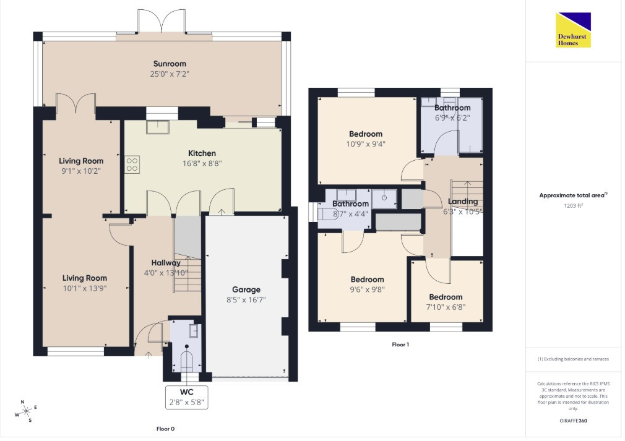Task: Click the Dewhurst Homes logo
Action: [x=573, y=30]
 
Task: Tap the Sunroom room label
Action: [x=170, y=64]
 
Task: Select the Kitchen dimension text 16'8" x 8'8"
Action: [x=202, y=163]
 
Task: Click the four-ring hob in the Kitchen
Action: [x=132, y=164]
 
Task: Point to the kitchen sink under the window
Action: [x=158, y=127]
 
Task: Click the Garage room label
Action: [x=246, y=289]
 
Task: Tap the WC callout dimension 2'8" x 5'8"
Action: [x=186, y=403]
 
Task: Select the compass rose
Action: [x=26, y=411]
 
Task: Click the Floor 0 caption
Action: [x=165, y=429]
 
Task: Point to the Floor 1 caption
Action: [x=400, y=345]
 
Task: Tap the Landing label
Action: [x=463, y=202]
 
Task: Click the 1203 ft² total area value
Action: [x=573, y=206]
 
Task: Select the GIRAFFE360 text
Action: [x=573, y=421]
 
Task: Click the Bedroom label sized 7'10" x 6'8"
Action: [x=446, y=297]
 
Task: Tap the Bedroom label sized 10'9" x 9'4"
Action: [x=366, y=134]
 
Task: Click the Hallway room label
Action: [x=166, y=263]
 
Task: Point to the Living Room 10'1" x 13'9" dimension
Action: [x=85, y=288]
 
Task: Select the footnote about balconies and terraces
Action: [x=573, y=359]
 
